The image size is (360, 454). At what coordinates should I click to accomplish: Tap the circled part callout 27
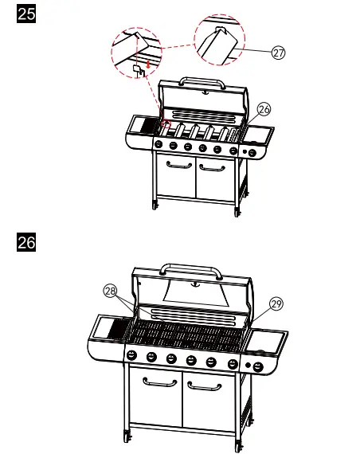coord(278,53)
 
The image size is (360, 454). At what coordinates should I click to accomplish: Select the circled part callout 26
coord(264,111)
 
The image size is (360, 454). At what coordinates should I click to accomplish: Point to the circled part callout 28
coord(110,292)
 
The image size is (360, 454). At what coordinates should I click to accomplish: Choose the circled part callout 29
coord(276,303)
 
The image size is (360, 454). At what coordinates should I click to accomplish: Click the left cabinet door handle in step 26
coord(159,383)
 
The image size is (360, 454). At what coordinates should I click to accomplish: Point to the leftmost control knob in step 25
coord(158,145)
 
